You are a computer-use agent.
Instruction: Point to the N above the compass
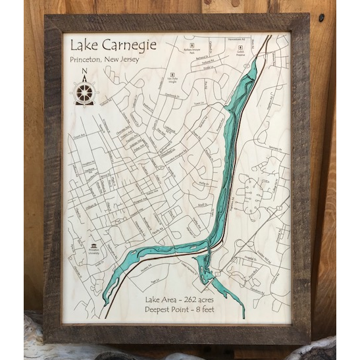click(84, 74)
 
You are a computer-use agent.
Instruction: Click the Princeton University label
click(93, 256)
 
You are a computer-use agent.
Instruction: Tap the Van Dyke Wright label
click(172, 82)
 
